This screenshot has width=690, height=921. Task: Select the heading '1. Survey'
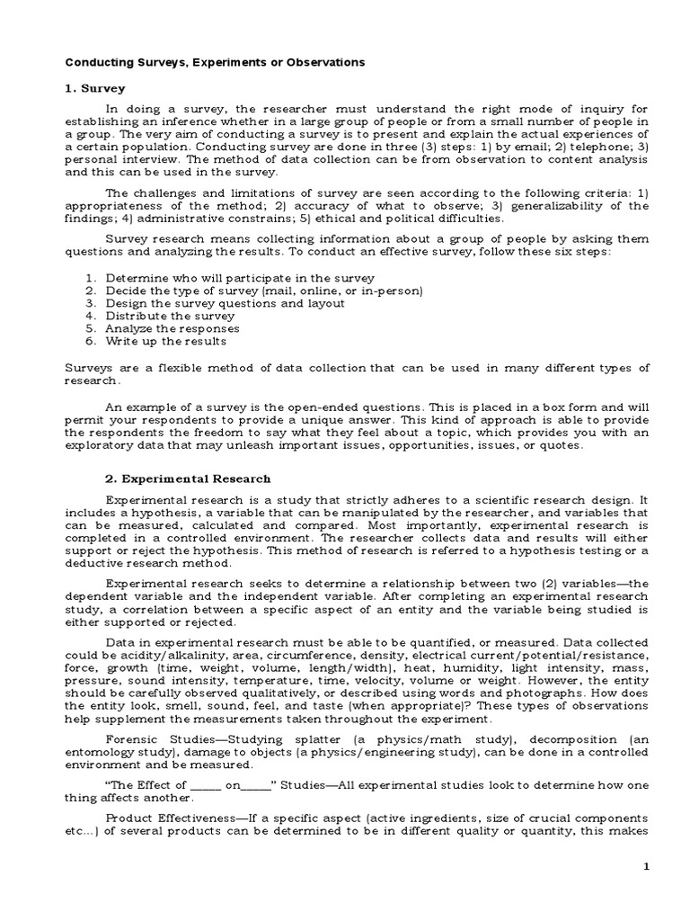point(96,88)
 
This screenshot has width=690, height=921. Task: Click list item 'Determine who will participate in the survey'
point(240,278)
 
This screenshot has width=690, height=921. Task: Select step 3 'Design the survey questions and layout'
point(225,303)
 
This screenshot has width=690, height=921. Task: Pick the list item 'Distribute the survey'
point(170,316)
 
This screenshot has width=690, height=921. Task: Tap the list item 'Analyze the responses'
point(172,328)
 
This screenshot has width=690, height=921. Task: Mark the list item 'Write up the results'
point(166,341)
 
